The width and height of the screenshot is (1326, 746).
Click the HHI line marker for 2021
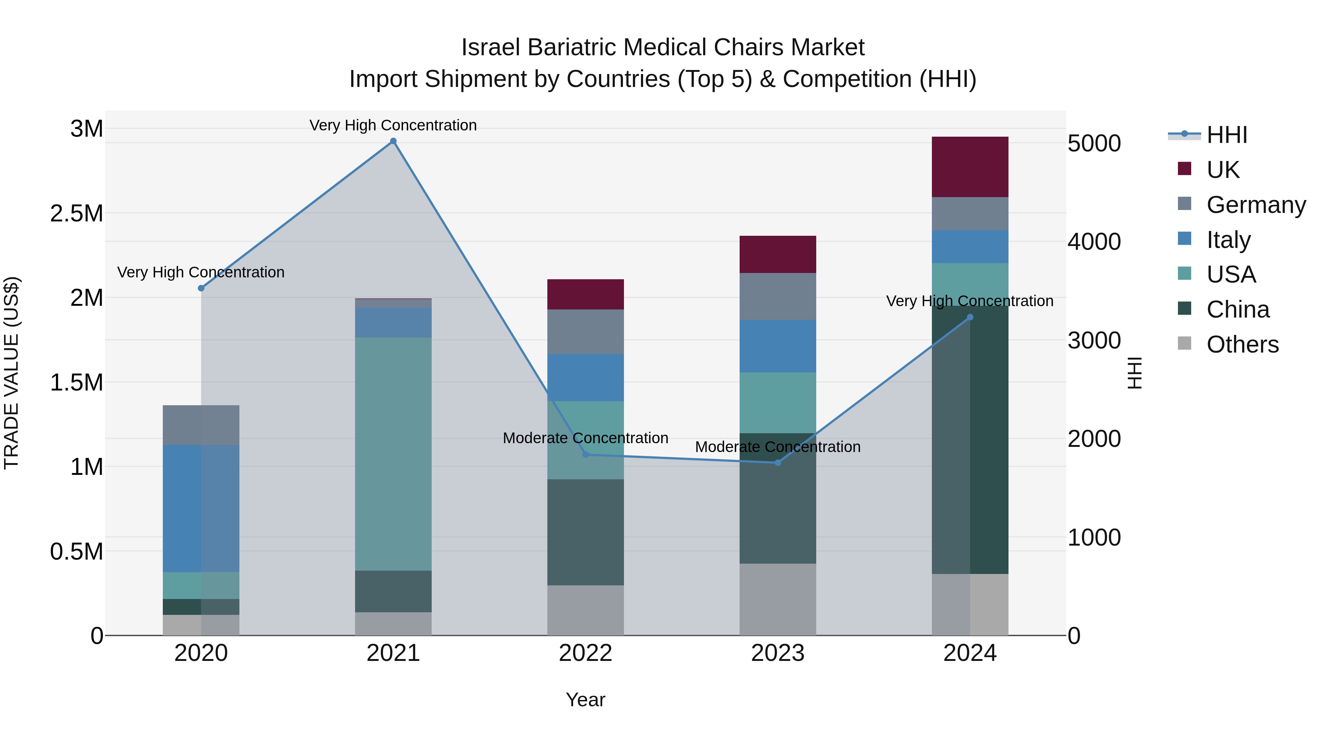tap(393, 141)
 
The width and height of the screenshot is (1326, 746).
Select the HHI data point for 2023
tap(778, 463)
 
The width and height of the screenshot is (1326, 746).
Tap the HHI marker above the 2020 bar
tap(201, 288)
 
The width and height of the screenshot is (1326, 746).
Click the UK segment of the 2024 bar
tap(970, 167)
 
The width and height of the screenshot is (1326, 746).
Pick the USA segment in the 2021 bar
tap(393, 453)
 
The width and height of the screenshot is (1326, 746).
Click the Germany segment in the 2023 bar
tap(778, 296)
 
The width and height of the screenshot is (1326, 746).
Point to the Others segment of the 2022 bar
tap(585, 610)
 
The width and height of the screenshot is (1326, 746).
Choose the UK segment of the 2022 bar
tap(585, 294)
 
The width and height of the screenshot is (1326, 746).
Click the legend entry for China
tap(1238, 309)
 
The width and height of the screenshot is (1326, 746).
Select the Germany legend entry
tap(1256, 205)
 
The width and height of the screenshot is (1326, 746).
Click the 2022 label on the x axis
tap(585, 653)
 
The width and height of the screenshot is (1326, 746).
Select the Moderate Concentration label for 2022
tap(585, 438)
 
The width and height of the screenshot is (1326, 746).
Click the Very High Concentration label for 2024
tap(970, 301)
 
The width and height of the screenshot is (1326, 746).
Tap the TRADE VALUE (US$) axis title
tap(11, 373)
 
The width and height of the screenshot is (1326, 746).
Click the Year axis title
tap(585, 700)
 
